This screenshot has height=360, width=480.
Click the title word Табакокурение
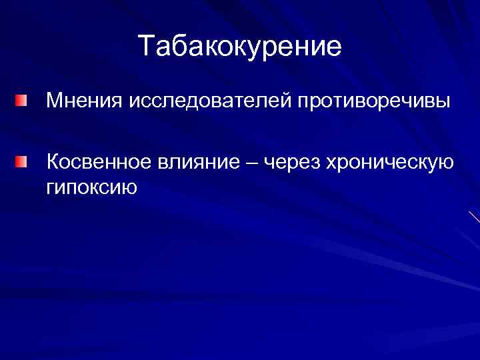(240, 47)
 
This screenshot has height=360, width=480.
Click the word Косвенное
(99, 162)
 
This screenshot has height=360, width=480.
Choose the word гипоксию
(91, 187)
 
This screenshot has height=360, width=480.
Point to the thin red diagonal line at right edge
(474, 216)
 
